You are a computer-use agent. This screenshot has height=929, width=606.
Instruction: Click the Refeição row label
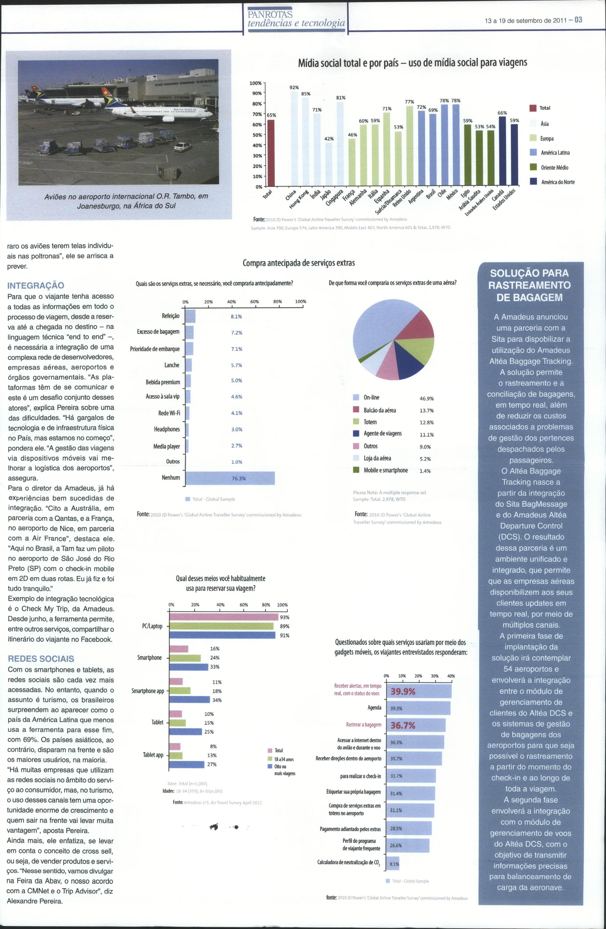pos(171,316)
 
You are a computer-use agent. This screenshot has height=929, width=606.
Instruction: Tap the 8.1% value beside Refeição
pos(236,317)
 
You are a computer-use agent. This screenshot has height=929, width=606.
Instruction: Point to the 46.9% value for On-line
pos(426,399)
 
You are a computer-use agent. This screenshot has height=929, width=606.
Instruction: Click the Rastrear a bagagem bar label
pos(363,724)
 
